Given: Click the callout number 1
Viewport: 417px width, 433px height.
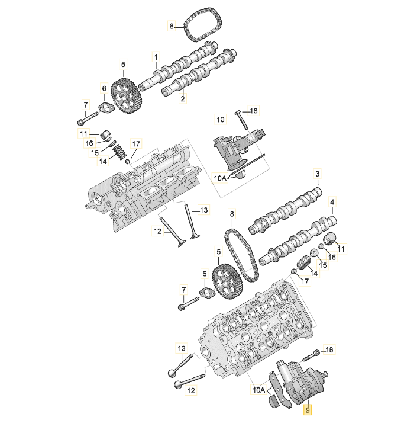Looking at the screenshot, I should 157,57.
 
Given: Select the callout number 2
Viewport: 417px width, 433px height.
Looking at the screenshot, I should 183,99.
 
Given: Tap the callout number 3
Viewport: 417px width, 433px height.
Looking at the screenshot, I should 317,174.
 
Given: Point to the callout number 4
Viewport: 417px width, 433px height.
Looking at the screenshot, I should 332,203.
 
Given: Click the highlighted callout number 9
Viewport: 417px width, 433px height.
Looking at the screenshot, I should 307,409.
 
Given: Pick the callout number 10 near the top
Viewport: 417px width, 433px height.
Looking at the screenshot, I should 220,120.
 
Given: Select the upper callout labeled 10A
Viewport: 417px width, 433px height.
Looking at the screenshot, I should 220,177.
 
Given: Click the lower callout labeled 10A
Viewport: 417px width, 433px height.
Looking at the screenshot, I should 259,390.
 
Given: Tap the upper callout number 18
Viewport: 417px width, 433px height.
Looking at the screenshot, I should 254,111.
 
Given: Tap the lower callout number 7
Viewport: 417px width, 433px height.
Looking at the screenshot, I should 183,290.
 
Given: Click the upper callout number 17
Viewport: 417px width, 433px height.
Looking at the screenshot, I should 136,143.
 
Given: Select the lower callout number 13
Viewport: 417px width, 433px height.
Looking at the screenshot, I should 182,348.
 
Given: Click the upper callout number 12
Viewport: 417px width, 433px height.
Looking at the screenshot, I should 158,232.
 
